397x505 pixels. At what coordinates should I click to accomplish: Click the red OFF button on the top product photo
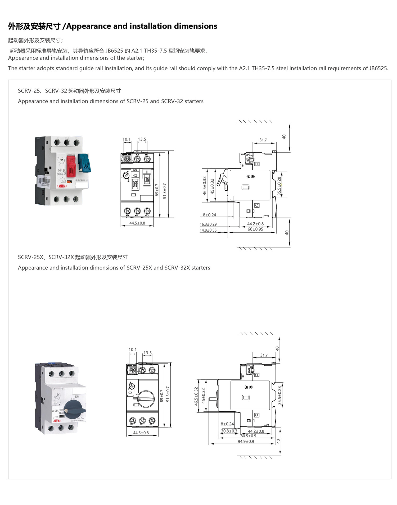coord(71,166)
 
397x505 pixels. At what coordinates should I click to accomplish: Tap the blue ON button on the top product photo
coord(85,163)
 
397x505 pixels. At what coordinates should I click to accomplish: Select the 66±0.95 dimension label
coord(255,229)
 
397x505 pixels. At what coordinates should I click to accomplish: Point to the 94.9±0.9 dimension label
coord(246,441)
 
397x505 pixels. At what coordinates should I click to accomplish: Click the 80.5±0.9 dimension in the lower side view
coord(248,436)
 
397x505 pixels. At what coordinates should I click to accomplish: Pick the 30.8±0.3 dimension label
coord(229,431)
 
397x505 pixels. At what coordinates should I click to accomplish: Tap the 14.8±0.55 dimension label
coord(208,230)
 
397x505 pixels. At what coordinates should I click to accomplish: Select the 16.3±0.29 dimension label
coord(208,224)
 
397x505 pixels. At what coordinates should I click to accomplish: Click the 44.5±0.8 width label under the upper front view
coord(137,223)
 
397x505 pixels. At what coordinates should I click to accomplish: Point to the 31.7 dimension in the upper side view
coord(263,140)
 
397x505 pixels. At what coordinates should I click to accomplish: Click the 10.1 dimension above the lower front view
coord(133,350)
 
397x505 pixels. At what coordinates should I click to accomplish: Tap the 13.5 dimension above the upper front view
coord(142,139)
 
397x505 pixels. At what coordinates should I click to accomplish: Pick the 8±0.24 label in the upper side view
coord(209,215)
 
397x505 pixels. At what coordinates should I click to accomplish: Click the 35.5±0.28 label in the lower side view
coord(280,395)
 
